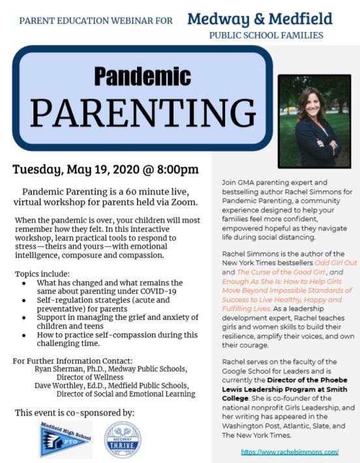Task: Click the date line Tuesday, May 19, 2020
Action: point(106,170)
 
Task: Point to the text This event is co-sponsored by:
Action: point(74,412)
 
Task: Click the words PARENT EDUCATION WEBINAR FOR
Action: point(96,21)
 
